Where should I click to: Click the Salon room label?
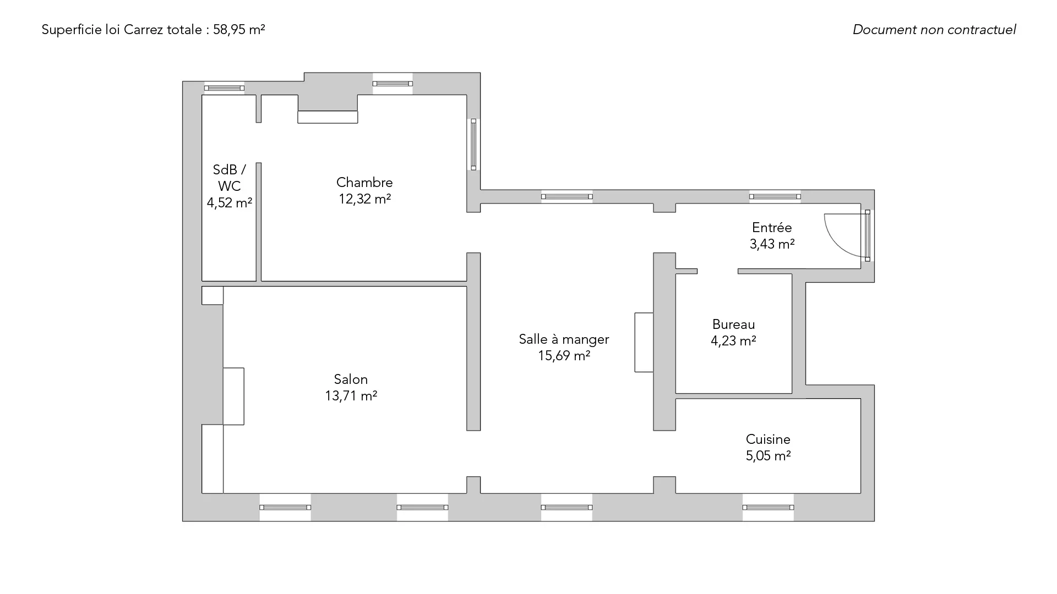tap(351, 379)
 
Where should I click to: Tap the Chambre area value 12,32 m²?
tap(364, 199)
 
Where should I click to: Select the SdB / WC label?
tap(229, 178)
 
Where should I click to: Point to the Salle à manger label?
tap(564, 339)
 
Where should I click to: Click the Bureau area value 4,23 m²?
tap(733, 340)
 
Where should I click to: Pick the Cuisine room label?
tap(768, 439)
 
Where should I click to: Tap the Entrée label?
tap(772, 227)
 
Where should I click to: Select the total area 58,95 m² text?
tap(239, 30)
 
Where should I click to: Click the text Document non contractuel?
tap(934, 30)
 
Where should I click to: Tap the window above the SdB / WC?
tap(224, 88)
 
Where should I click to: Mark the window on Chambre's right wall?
tap(473, 144)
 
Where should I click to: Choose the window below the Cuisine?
tap(768, 507)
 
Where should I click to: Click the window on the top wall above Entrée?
tap(775, 196)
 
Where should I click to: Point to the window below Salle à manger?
tap(566, 507)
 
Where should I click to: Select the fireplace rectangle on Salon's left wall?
tap(233, 396)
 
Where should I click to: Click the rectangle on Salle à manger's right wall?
tap(644, 342)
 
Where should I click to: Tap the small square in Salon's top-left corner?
tap(213, 295)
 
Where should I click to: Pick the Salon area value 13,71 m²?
tap(351, 395)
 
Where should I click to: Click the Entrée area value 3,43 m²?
tap(772, 244)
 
